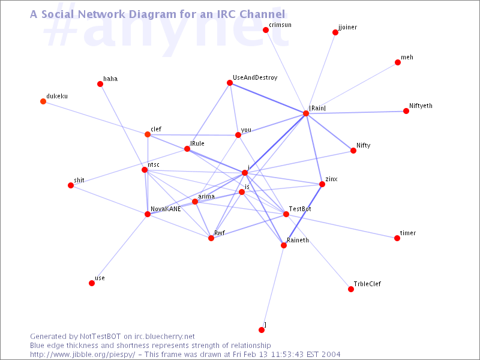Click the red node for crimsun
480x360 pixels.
266,30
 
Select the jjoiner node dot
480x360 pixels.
335,32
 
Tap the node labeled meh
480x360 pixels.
398,62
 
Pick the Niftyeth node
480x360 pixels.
406,111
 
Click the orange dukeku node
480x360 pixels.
43,101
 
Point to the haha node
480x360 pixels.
100,84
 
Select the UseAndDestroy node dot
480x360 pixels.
230,83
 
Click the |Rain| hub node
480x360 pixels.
306,113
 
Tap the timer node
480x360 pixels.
397,238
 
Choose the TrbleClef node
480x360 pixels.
351,289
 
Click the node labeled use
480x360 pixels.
92,283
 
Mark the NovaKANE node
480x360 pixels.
148,214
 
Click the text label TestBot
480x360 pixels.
300,209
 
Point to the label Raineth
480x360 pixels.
298,241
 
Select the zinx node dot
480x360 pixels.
322,184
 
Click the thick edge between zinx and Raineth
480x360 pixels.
303,215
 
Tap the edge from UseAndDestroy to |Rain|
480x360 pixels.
268,98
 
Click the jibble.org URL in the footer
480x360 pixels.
82,355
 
